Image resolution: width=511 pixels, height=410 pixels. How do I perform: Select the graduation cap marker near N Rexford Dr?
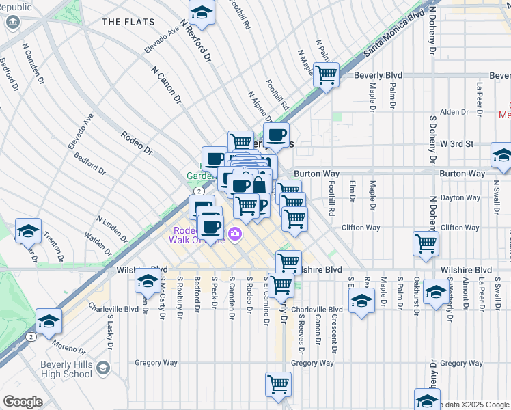tap(202, 12)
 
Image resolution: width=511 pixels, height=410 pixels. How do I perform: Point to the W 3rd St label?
tap(456, 144)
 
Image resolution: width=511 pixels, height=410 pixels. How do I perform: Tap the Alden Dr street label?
tap(454, 112)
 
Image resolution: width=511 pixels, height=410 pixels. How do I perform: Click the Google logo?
tap(23, 402)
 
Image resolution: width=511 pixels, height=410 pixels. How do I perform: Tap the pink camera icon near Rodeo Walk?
tap(236, 234)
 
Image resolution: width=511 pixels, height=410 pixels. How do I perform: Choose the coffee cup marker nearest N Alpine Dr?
tap(276, 135)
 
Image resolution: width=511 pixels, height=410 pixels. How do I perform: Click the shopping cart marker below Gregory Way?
tap(278, 385)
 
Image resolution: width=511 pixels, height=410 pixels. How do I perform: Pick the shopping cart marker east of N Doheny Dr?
tap(426, 243)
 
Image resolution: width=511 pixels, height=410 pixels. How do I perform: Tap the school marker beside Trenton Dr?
tap(28, 231)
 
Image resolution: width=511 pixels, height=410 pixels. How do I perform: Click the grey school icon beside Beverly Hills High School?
tap(102, 368)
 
